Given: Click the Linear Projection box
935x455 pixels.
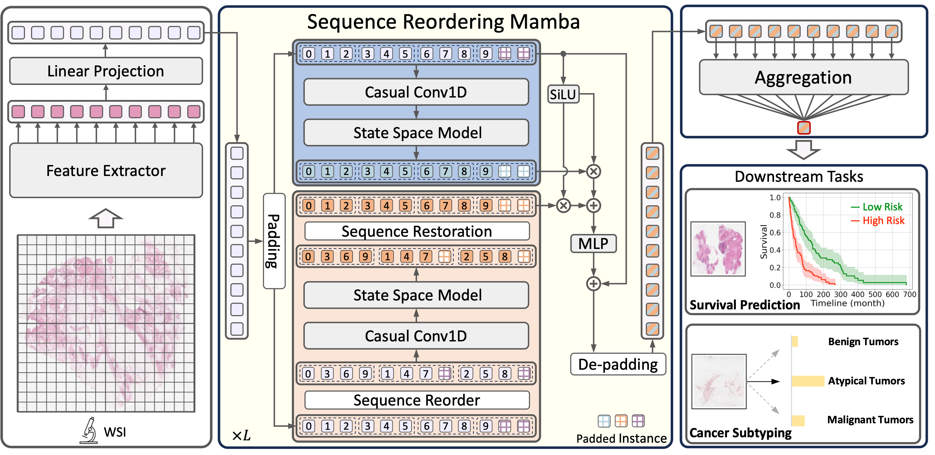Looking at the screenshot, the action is pyautogui.click(x=106, y=71).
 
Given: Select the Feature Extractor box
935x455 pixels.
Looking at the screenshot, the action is pyautogui.click(x=106, y=170).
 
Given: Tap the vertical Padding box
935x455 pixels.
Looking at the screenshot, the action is pyautogui.click(x=274, y=241).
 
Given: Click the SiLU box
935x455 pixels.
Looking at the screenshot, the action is pyautogui.click(x=563, y=94).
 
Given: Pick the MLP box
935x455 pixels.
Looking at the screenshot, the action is pyautogui.click(x=593, y=243).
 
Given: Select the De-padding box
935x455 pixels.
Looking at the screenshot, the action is pyautogui.click(x=618, y=364).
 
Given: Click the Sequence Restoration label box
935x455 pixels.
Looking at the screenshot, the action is pyautogui.click(x=417, y=231).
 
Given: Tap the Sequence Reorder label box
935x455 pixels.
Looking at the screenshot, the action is pyautogui.click(x=417, y=400).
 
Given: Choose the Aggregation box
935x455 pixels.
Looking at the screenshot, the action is pyautogui.click(x=804, y=77).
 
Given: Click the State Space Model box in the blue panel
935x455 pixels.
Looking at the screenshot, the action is pyautogui.click(x=416, y=133).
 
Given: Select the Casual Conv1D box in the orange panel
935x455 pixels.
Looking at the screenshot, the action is pyautogui.click(x=416, y=336).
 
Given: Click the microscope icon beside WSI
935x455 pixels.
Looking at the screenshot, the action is pyautogui.click(x=89, y=431).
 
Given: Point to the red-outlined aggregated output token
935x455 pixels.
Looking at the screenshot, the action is pyautogui.click(x=804, y=128).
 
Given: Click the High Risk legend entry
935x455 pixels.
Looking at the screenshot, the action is pyautogui.click(x=878, y=221).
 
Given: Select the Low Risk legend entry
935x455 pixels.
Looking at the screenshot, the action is pyautogui.click(x=877, y=207).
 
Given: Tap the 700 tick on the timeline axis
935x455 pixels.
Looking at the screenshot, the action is pyautogui.click(x=909, y=294).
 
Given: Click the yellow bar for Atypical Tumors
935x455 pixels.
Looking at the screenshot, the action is pyautogui.click(x=807, y=381).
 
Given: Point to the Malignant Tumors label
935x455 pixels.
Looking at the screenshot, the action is pyautogui.click(x=870, y=420).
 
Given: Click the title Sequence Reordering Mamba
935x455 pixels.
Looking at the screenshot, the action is pyautogui.click(x=443, y=22).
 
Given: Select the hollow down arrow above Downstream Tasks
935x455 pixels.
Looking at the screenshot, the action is pyautogui.click(x=804, y=150).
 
